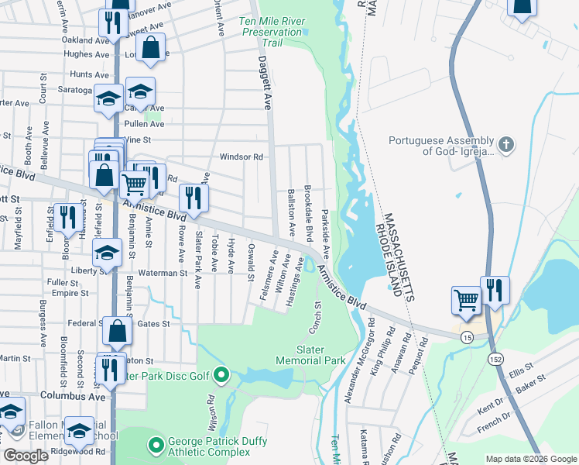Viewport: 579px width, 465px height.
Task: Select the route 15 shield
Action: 467,337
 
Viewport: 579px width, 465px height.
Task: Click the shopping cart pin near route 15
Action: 467,299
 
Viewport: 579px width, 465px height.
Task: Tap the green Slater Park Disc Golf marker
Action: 221,377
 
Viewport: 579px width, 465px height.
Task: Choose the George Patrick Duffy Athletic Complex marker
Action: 156,444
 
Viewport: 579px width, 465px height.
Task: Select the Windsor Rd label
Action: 242,157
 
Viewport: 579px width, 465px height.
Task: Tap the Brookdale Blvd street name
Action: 309,211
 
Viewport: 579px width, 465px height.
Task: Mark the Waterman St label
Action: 163,273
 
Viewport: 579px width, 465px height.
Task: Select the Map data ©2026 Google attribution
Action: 530,459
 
